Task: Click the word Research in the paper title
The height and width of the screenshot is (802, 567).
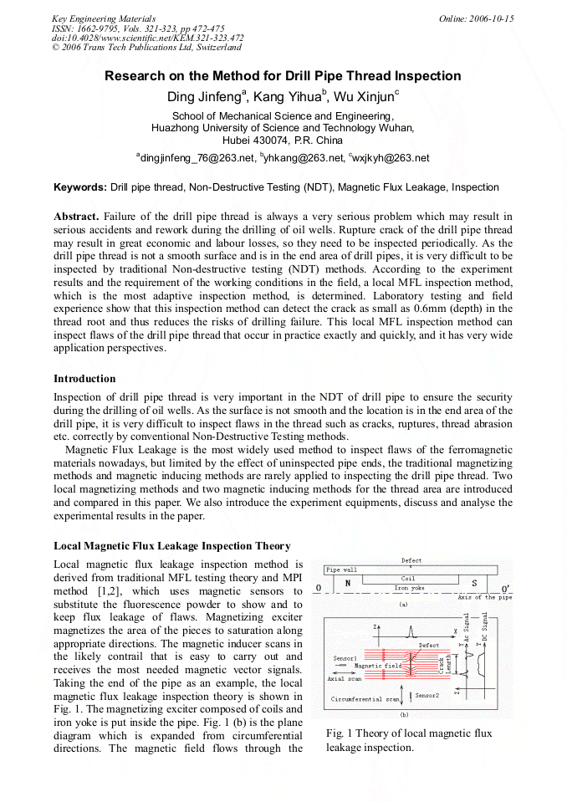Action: [133, 76]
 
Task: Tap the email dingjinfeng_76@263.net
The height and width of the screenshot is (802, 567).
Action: [197, 157]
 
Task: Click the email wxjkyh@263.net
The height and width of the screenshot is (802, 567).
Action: [391, 157]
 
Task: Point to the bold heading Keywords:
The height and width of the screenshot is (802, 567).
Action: [80, 187]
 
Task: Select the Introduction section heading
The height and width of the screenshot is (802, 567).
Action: [84, 379]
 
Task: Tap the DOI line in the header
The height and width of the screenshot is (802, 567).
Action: [147, 38]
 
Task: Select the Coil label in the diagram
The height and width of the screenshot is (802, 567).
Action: [408, 578]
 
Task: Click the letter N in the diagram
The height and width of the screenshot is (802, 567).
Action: [347, 582]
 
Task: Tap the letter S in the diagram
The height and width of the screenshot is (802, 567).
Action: [474, 582]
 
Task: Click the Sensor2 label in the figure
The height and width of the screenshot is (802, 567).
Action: [426, 695]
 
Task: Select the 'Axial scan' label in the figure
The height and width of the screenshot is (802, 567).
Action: [343, 678]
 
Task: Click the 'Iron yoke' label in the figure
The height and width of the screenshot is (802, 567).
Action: [408, 588]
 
